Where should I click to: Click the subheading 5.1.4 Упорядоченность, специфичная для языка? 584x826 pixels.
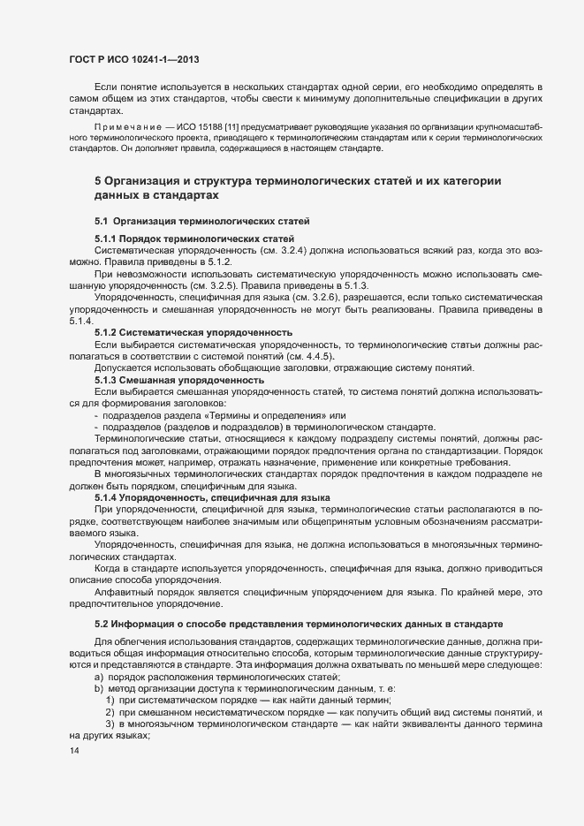(213, 497)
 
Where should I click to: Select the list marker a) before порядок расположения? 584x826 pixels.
(97, 676)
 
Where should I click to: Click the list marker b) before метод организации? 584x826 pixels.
(97, 687)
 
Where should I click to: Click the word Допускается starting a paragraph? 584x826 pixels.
(122, 368)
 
